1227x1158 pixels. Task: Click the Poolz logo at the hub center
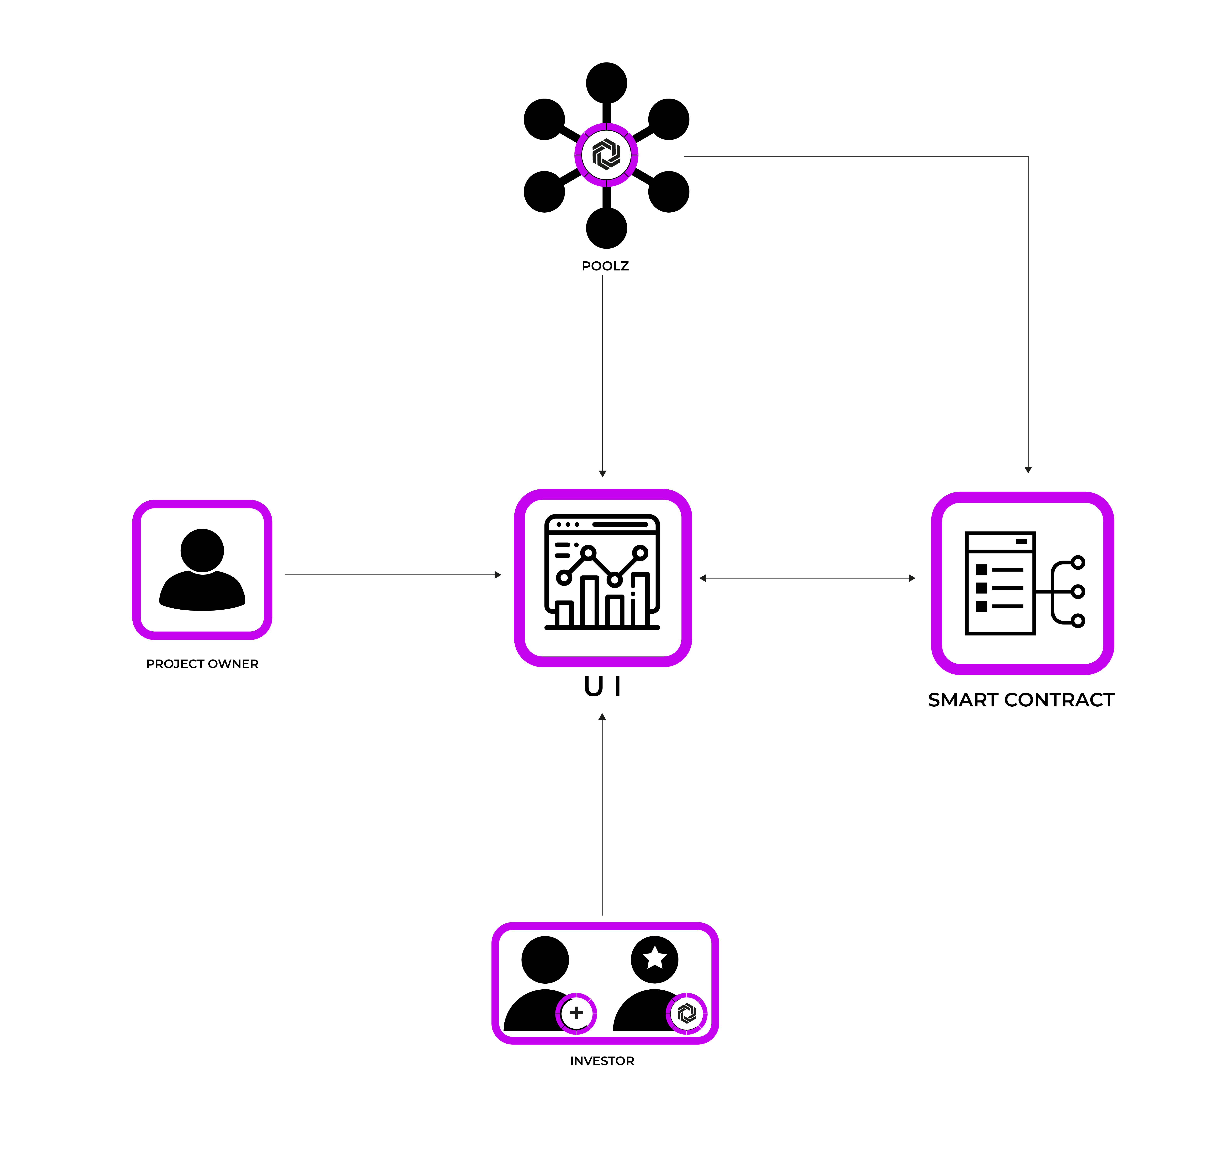point(606,154)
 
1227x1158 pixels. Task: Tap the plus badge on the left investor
point(576,1013)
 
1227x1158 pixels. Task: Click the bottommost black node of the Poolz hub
point(606,228)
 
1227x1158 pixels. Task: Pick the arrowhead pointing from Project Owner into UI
point(498,575)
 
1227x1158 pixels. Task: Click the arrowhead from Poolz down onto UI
point(602,474)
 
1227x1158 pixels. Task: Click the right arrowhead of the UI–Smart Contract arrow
point(912,578)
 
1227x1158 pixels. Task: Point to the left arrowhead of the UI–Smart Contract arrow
point(702,578)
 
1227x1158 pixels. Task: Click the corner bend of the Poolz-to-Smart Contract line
point(1028,157)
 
